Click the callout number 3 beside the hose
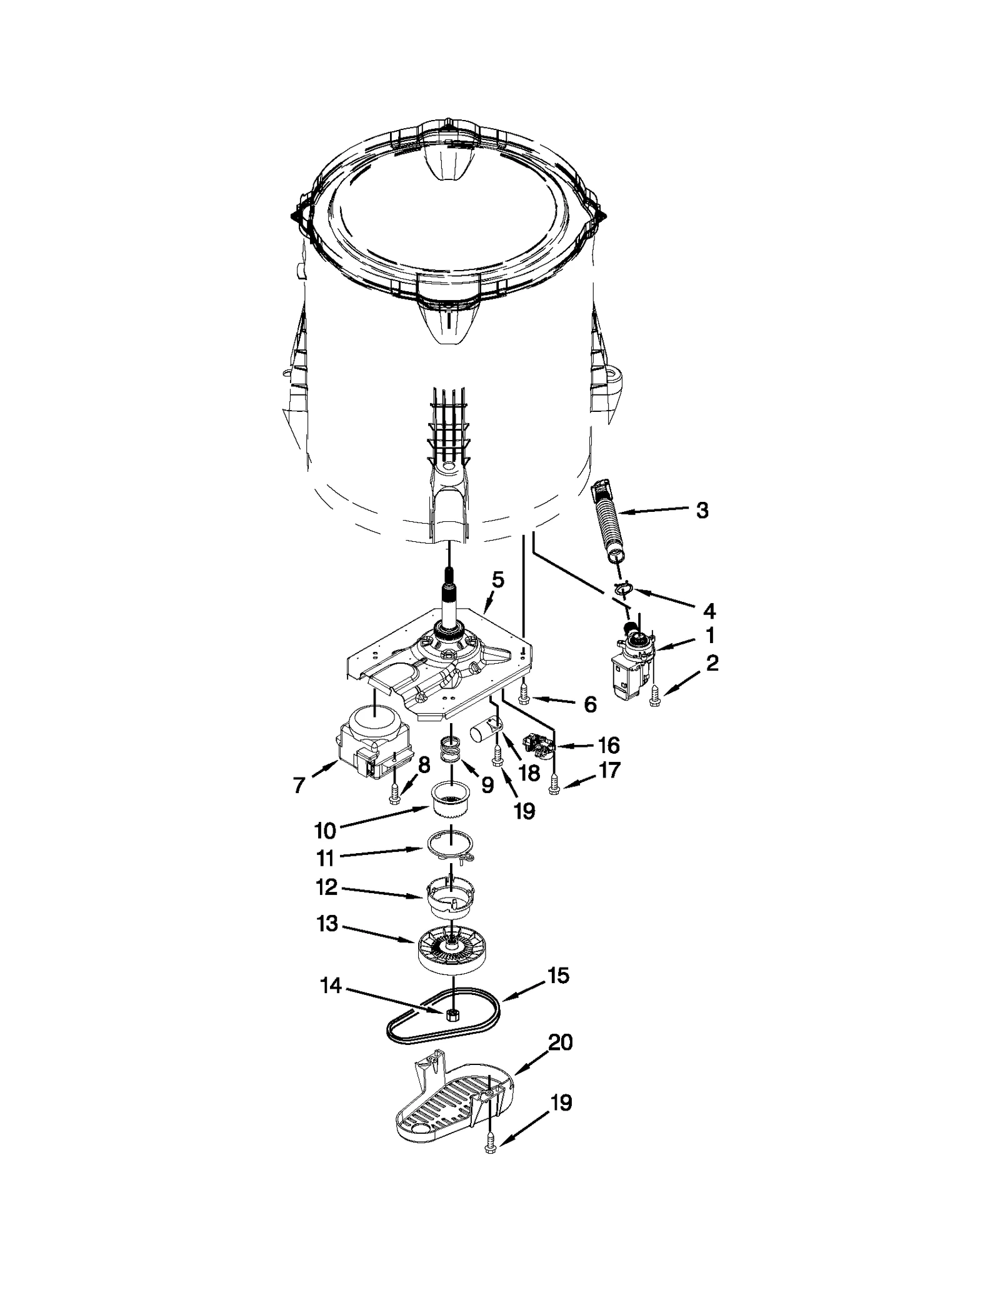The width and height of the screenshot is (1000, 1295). tap(702, 511)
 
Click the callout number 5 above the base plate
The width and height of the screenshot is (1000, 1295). tap(497, 579)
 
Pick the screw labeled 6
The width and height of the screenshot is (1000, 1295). tap(524, 692)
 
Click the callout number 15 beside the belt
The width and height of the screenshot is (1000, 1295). tap(558, 976)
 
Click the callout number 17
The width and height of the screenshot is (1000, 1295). tap(609, 770)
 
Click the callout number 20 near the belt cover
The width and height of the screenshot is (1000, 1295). tap(560, 1042)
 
